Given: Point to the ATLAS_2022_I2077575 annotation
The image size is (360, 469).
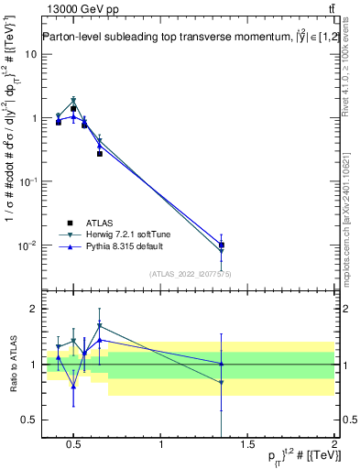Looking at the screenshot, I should click(x=191, y=273).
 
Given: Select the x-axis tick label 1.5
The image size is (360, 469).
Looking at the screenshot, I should click(x=247, y=446).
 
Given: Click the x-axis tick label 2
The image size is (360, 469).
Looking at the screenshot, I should click(x=335, y=446).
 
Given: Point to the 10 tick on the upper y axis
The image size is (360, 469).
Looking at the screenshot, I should click(x=31, y=54).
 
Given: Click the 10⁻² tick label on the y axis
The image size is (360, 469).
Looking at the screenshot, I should click(x=27, y=245).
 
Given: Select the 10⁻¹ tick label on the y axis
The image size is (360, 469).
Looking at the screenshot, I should click(x=27, y=180).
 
